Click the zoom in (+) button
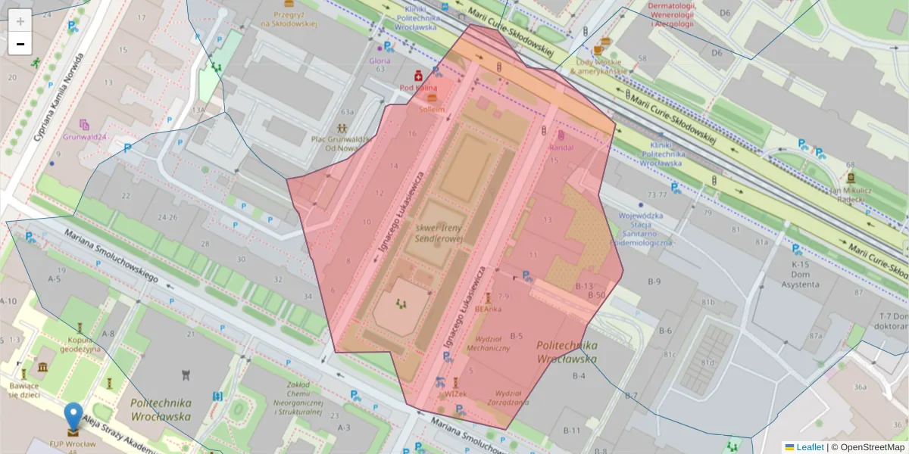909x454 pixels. click(x=20, y=21)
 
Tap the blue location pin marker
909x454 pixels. click(x=73, y=417)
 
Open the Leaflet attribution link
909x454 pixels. click(x=810, y=447)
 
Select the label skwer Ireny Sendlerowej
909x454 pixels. click(x=439, y=233)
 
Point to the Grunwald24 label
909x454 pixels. click(x=85, y=138)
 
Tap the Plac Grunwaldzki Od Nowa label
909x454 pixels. click(x=340, y=144)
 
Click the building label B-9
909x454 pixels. click(x=654, y=282)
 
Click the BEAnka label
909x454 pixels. click(x=488, y=309)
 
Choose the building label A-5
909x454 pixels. click(x=54, y=279)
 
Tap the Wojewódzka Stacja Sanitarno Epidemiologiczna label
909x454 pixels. click(x=645, y=229)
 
